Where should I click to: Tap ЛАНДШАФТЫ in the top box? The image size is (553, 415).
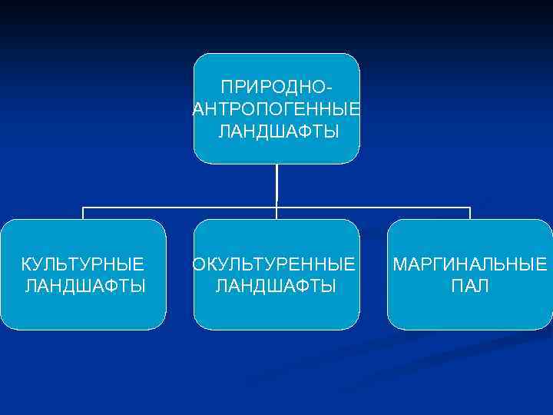point(277,132)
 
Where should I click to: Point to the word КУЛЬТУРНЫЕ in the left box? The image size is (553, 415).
point(82,265)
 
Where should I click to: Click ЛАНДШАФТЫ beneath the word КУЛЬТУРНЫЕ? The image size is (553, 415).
point(85,287)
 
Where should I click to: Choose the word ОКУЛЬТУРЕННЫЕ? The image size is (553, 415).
point(274,265)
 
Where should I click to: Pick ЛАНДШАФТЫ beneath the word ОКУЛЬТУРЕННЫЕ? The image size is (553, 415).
point(276,287)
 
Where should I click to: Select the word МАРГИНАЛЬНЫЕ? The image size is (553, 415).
point(470,265)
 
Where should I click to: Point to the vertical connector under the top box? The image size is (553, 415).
point(276,184)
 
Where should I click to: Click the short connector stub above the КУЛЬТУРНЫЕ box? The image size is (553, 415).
point(83,214)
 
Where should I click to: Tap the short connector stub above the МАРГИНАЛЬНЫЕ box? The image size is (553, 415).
point(470,214)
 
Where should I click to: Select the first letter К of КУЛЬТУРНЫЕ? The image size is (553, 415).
point(26,265)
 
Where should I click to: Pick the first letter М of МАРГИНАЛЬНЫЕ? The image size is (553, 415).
point(399,265)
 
